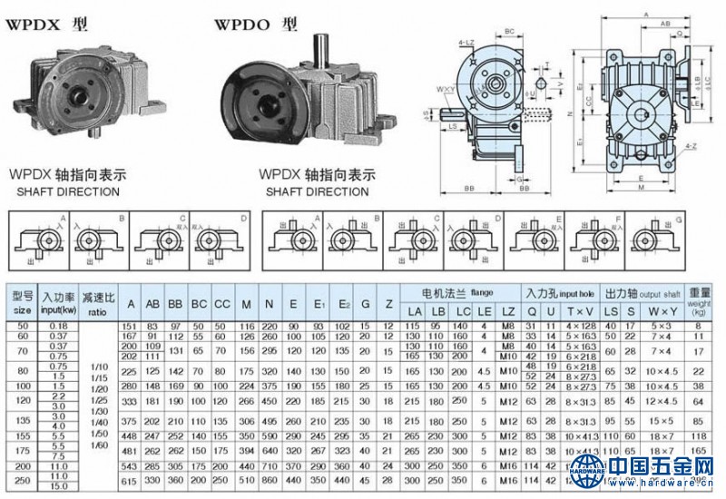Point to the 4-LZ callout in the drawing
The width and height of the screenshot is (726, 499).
pyautogui.click(x=468, y=42)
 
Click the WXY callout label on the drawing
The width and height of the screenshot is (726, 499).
pyautogui.click(x=445, y=89)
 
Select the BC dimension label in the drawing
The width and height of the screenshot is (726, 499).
pyautogui.click(x=510, y=31)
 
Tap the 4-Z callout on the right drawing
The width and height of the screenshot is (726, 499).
pyautogui.click(x=692, y=146)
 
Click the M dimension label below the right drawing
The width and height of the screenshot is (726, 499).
pyautogui.click(x=641, y=190)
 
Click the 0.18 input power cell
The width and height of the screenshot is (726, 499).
pyautogui.click(x=59, y=325)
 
